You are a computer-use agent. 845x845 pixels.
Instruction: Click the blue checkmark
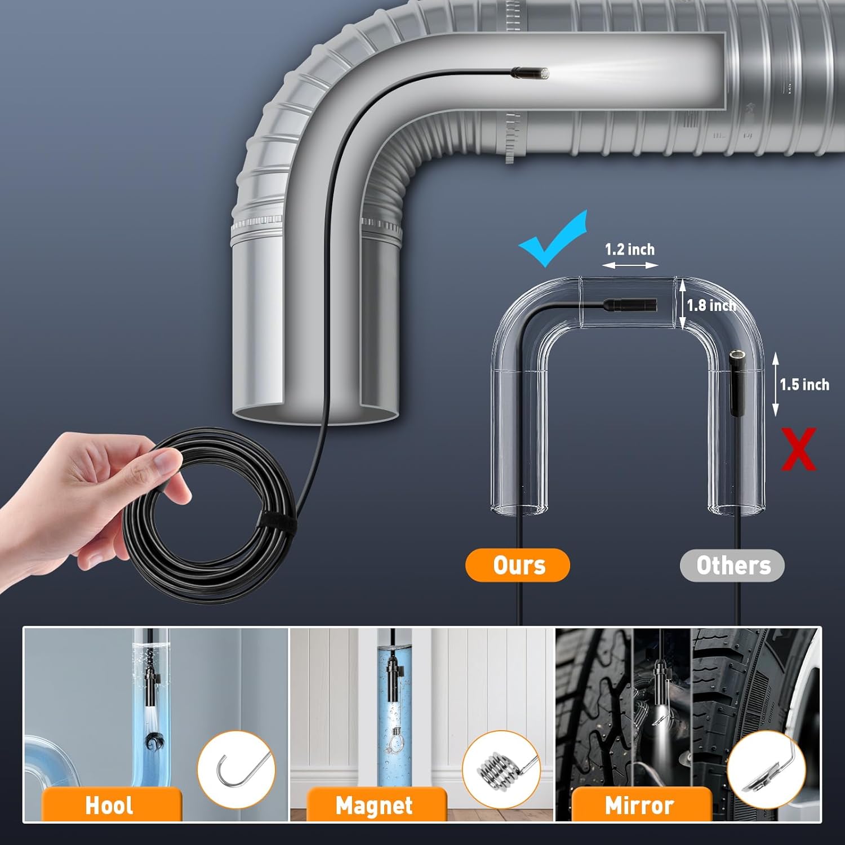coord(552,239)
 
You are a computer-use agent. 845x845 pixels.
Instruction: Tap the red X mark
coord(798,449)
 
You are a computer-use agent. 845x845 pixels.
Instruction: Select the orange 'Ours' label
coord(518,565)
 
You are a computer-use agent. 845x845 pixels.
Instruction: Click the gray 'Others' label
coord(732,565)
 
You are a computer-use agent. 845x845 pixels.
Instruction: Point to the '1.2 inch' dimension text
coord(629,249)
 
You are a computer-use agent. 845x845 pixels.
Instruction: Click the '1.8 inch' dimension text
coord(711,305)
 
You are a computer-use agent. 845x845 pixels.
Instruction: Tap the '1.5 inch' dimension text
coord(804,385)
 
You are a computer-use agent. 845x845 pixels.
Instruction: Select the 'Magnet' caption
coord(374,805)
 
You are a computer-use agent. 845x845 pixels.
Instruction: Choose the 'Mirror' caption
coord(639,805)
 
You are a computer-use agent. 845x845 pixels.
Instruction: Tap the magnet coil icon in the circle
coord(500,768)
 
